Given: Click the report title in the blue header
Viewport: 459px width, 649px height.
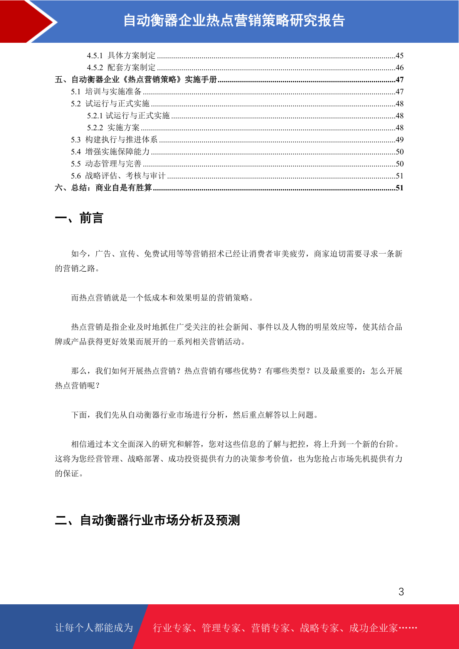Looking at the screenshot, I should (x=234, y=21).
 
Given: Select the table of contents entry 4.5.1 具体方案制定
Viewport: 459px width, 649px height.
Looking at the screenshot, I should (x=121, y=55).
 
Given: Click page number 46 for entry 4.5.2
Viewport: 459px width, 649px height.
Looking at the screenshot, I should (x=399, y=68).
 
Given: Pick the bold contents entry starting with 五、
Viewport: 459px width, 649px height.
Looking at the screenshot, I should (x=136, y=80).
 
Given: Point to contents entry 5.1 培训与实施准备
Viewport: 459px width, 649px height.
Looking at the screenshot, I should (x=106, y=92).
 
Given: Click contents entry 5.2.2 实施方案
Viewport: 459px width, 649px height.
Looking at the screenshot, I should (x=113, y=128).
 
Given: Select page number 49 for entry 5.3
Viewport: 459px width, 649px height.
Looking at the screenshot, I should (x=399, y=140).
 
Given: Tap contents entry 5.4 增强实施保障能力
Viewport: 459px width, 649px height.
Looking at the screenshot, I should (x=110, y=152).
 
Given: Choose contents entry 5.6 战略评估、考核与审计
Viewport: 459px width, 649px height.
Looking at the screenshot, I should (x=118, y=176).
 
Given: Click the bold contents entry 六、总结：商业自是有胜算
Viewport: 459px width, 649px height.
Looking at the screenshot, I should (x=103, y=188).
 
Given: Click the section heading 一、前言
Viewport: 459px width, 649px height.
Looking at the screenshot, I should (x=79, y=218).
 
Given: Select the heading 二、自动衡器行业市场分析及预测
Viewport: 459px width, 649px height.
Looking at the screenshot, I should (x=147, y=520).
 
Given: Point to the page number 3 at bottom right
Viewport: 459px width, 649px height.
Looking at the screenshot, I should (x=401, y=592).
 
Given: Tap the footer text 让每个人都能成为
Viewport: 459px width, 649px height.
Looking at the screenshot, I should (x=94, y=628).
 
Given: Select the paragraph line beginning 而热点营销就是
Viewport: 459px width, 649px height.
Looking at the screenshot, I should (x=162, y=298).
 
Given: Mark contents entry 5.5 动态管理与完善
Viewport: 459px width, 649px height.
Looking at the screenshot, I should (x=106, y=164).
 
